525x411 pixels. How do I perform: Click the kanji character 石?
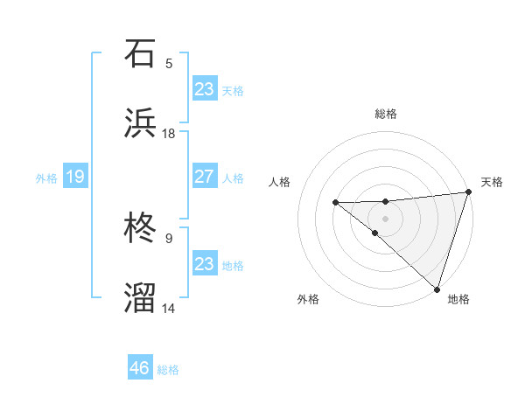pyautogui.click(x=141, y=53)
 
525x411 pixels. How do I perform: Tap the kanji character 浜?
pyautogui.click(x=141, y=123)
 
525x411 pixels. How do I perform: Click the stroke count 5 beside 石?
pyautogui.click(x=169, y=63)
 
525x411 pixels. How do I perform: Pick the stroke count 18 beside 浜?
pyautogui.click(x=169, y=133)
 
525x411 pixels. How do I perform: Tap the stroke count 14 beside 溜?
pyautogui.click(x=169, y=308)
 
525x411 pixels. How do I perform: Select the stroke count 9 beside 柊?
pyautogui.click(x=169, y=238)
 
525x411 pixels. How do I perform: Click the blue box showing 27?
pyautogui.click(x=204, y=177)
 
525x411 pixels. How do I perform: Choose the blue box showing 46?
pyautogui.click(x=140, y=368)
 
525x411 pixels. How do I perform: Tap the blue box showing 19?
pyautogui.click(x=74, y=178)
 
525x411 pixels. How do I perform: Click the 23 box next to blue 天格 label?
pyautogui.click(x=204, y=89)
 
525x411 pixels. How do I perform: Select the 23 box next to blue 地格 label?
pyautogui.click(x=204, y=264)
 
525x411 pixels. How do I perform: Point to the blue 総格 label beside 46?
pyautogui.click(x=168, y=370)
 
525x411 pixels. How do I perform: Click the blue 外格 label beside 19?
pyautogui.click(x=46, y=178)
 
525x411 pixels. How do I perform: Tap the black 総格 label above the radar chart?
pyautogui.click(x=386, y=114)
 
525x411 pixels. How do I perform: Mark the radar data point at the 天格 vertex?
pyautogui.click(x=468, y=192)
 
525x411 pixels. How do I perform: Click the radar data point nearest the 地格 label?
pyautogui.click(x=437, y=289)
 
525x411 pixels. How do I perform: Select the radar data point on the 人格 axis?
pyautogui.click(x=335, y=203)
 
